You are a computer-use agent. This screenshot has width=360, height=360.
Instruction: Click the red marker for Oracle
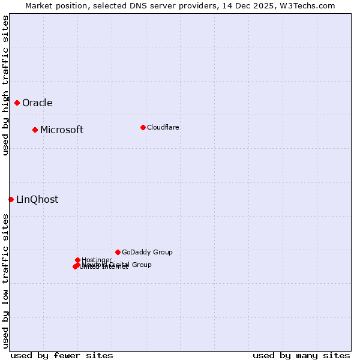click(17, 103)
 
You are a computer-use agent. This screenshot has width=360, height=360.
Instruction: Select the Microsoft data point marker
click(35, 130)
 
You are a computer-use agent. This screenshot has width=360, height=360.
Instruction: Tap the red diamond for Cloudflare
click(143, 127)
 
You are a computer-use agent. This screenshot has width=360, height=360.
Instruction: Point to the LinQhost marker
click(11, 199)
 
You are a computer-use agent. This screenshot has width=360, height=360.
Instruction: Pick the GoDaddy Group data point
click(118, 252)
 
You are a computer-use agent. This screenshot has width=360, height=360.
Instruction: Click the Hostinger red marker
click(77, 260)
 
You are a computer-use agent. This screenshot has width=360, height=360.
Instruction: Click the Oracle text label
click(37, 103)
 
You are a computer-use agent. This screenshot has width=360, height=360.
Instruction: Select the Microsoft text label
click(62, 130)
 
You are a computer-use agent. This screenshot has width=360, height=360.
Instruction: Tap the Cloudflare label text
click(163, 127)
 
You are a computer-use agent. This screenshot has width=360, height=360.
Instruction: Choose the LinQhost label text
click(37, 199)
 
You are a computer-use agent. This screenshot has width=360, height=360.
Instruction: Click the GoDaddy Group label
click(147, 252)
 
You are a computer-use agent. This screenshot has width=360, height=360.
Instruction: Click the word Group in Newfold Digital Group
click(141, 265)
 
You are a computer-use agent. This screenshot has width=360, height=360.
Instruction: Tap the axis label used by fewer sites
click(62, 355)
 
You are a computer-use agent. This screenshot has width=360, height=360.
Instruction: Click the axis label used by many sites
click(301, 355)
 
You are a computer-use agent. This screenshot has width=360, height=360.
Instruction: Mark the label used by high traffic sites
click(5, 85)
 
